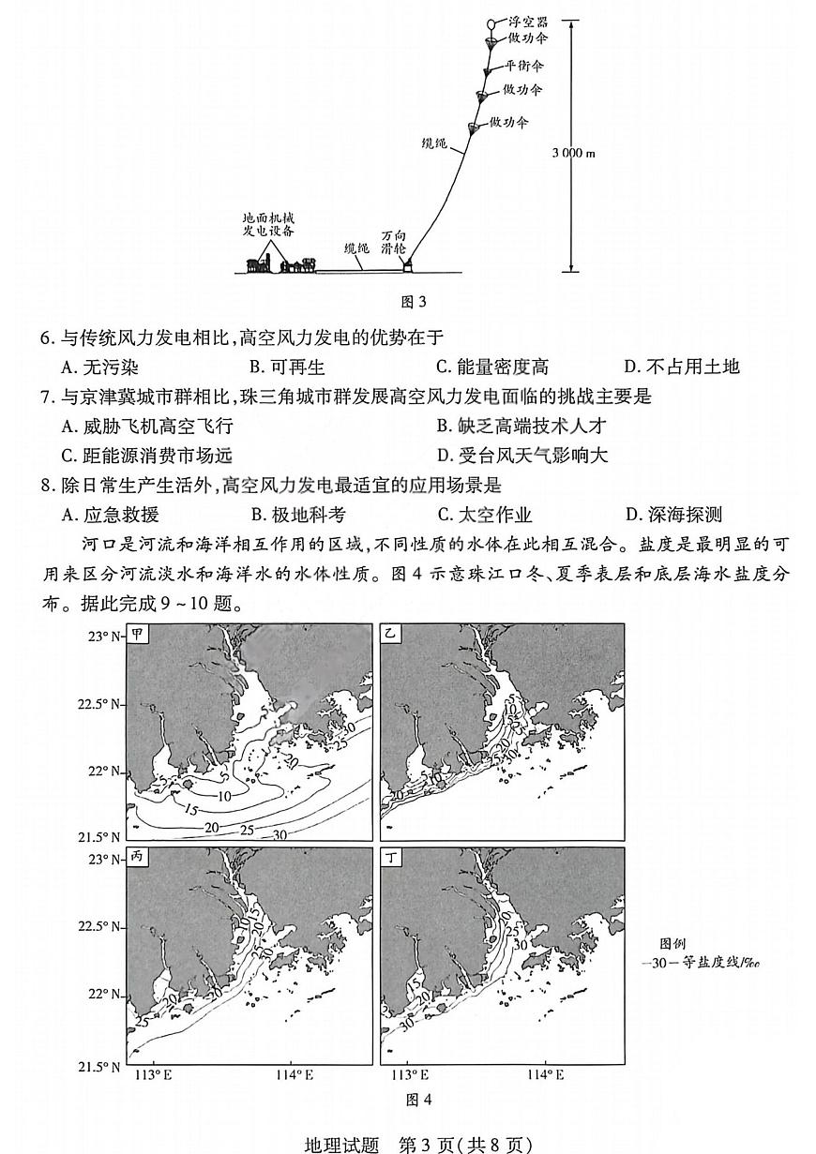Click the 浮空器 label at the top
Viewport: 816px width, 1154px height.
tap(528, 20)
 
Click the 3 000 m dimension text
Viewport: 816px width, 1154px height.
tap(573, 153)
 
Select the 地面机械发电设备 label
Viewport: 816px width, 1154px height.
tap(268, 224)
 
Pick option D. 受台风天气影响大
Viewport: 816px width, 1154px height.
tap(522, 456)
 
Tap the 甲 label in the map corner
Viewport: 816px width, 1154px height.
tap(138, 634)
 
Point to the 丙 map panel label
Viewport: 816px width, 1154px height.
tap(138, 857)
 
